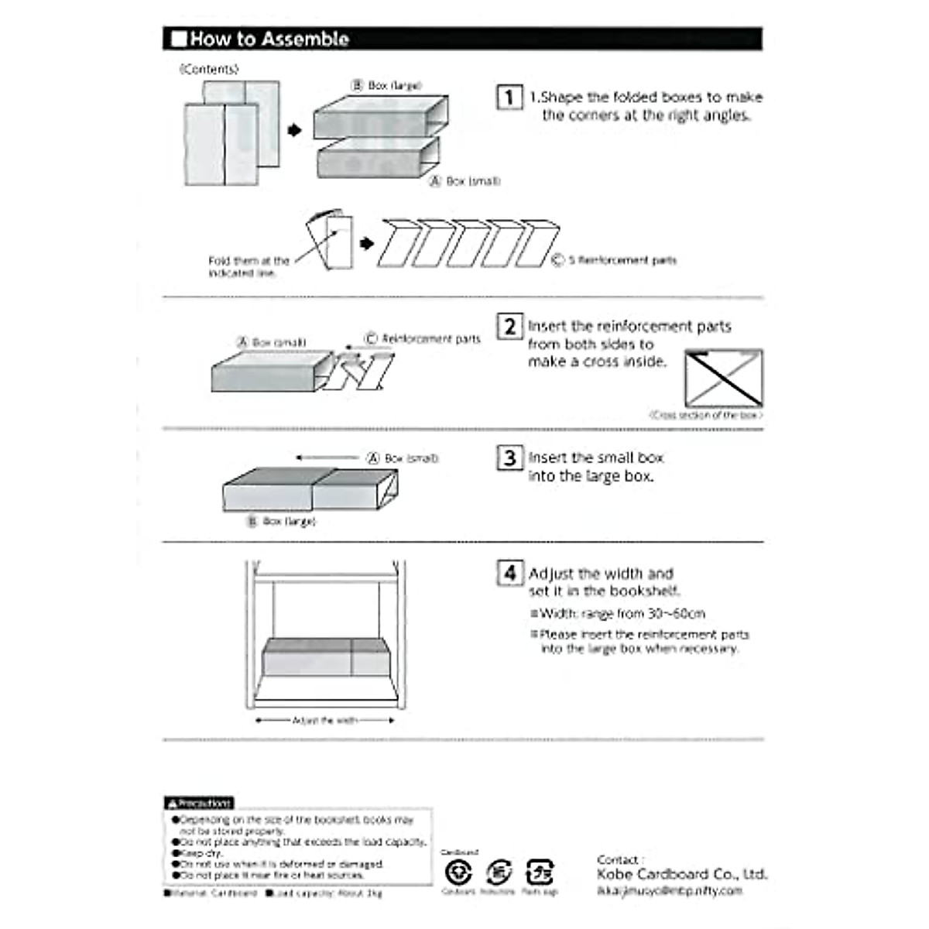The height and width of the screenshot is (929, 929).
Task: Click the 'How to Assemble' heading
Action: [269, 39]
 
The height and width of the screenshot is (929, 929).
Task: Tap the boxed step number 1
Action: [509, 97]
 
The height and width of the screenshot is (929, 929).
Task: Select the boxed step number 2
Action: [509, 326]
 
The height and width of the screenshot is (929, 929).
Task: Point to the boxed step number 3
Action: [509, 458]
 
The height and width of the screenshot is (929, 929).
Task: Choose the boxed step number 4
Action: [509, 573]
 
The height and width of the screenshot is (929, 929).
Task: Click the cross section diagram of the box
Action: [724, 379]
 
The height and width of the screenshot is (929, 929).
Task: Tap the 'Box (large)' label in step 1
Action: [387, 85]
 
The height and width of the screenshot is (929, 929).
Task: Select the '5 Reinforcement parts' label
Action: [615, 260]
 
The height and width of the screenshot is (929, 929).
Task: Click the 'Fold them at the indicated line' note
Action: [248, 267]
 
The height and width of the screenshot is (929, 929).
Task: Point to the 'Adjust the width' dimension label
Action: [324, 721]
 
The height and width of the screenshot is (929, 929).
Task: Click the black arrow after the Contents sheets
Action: [294, 130]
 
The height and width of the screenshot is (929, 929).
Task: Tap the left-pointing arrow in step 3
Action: [327, 458]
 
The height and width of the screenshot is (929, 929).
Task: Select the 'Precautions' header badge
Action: [198, 803]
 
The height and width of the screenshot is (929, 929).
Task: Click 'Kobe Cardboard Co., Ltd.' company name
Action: [682, 874]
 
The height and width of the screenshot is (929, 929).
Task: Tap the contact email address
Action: [670, 891]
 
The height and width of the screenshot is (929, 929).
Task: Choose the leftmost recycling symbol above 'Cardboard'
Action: [458, 872]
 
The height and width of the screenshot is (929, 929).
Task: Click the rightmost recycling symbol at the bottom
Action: [539, 872]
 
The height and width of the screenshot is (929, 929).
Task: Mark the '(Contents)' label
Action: [209, 69]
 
